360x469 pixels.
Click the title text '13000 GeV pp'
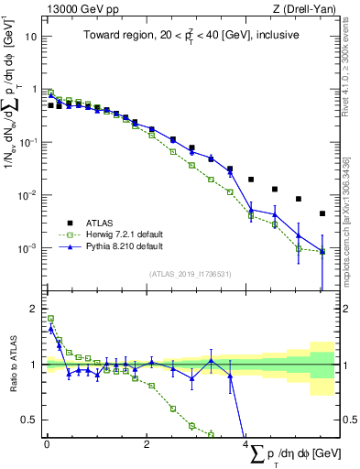(76, 7)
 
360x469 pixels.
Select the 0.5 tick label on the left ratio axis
(29, 420)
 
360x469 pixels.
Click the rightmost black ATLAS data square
(322, 213)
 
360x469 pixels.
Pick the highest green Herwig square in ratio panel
(50, 319)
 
